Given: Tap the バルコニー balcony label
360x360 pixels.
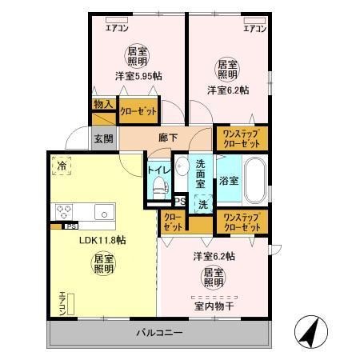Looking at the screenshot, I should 158,332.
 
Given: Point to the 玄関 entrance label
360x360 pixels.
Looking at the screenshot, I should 104,138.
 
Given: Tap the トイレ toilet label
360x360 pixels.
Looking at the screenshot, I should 157,170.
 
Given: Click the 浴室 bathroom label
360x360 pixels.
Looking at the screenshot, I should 229,180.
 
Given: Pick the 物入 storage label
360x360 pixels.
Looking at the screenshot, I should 102,104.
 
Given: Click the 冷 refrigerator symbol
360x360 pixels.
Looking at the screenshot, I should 62,166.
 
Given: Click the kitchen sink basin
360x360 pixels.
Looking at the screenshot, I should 103,212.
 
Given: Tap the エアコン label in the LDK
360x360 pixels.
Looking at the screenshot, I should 62,304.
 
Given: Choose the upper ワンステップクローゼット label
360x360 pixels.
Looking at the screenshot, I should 240,138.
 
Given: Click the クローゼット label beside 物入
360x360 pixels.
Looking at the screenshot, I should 138,110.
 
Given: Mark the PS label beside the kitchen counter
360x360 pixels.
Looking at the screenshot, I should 60,226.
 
